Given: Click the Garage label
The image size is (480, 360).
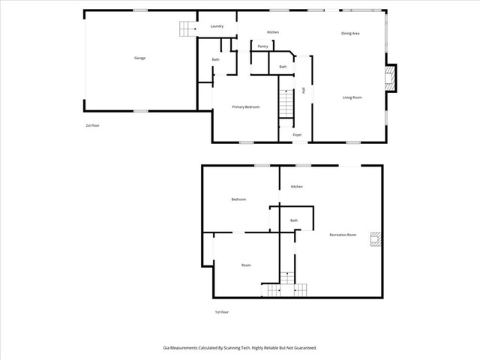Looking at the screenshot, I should (139, 58).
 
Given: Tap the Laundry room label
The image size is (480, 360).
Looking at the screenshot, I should (217, 26).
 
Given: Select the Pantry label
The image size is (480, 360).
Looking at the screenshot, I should (262, 46).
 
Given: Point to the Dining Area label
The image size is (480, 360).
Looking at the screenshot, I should (352, 33).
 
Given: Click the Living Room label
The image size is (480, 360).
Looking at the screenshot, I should (352, 97).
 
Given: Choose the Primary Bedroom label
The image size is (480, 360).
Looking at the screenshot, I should (245, 106).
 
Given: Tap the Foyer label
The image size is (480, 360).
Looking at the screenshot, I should (297, 135).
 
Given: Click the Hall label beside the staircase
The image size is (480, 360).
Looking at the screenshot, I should (303, 90).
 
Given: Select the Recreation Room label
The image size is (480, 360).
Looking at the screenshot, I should (343, 235).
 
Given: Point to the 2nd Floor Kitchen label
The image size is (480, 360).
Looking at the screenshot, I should (273, 31).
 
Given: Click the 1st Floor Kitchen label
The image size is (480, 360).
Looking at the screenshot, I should (297, 186).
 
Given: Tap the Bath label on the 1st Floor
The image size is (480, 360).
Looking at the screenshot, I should (294, 220).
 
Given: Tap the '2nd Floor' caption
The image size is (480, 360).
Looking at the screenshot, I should (92, 125).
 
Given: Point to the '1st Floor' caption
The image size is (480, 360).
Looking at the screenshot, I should (221, 311).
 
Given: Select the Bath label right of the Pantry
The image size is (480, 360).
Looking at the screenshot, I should (283, 67).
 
